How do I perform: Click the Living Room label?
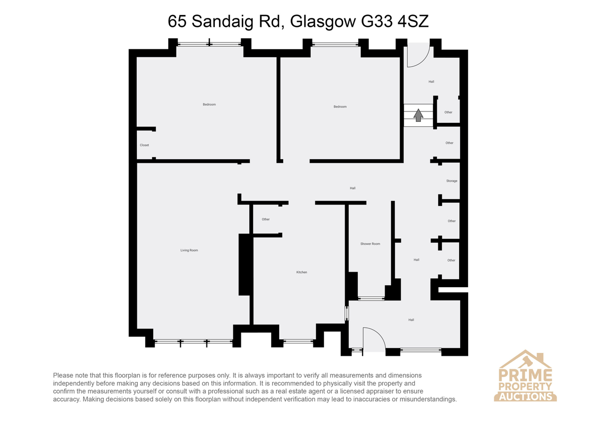coord(189,250)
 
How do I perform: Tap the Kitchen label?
coord(301,272)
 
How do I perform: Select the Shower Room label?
coord(370,244)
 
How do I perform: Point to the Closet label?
coord(144,145)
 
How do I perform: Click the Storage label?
coord(452,181)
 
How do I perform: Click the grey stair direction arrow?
coord(418,115)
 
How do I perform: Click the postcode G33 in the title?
coord(377,21)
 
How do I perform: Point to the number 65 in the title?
coord(177,21)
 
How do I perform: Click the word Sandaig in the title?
coord(222,22)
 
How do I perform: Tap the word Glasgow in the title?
coord(323,22)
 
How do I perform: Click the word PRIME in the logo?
coord(525,375)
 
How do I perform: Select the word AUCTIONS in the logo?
coord(525,397)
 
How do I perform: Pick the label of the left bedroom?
coord(209,105)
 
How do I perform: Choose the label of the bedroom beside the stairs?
coord(340,106)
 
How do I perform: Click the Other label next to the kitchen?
coord(266,219)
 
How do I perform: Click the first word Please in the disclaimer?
coord(63,375)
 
